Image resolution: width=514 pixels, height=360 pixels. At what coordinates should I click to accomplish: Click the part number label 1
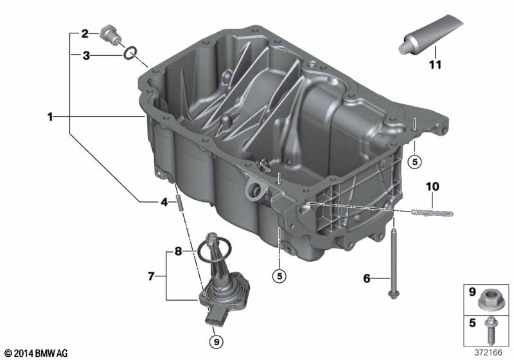(x=49, y=117)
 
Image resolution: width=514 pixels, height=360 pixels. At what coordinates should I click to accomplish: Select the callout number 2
(x=84, y=33)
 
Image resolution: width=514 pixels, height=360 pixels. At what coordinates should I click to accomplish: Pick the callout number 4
(x=164, y=202)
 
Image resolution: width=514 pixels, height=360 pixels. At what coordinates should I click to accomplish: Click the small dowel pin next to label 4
(x=181, y=202)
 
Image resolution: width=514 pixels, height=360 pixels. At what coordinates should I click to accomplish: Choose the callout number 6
(x=367, y=278)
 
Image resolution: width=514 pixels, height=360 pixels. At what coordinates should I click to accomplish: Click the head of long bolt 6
(x=391, y=294)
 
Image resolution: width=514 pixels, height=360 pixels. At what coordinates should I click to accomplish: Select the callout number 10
(x=431, y=186)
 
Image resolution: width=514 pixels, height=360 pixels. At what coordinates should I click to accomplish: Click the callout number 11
(x=436, y=65)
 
